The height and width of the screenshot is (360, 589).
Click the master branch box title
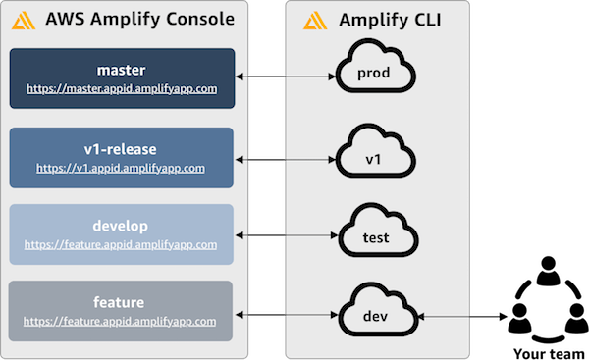tap(121, 71)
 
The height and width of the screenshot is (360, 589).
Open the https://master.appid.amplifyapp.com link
tap(122, 89)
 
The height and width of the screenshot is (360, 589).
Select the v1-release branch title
tap(120, 149)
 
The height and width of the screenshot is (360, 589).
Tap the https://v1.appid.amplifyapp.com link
tap(121, 168)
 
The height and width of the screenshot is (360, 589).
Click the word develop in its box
tap(120, 226)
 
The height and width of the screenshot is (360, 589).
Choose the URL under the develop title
tap(121, 245)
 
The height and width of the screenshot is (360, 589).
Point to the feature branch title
tap(119, 302)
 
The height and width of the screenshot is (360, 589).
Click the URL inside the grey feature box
tap(120, 322)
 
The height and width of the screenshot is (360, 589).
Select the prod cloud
tap(375, 68)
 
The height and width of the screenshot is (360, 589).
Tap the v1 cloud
tap(375, 152)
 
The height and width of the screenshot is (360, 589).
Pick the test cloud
tap(378, 231)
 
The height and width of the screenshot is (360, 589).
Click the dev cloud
tap(378, 309)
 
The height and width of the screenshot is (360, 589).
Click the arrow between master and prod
tap(286, 77)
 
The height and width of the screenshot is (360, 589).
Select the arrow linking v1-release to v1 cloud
tap(286, 160)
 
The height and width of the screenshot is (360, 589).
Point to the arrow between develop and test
tap(287, 235)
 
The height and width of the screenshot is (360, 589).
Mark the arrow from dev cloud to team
tap(462, 317)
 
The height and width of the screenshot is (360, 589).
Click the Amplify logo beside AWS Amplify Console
tap(24, 21)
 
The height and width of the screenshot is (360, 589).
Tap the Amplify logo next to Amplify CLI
tap(315, 21)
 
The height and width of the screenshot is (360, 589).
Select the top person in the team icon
tap(549, 271)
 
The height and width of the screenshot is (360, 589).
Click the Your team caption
tap(549, 353)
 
